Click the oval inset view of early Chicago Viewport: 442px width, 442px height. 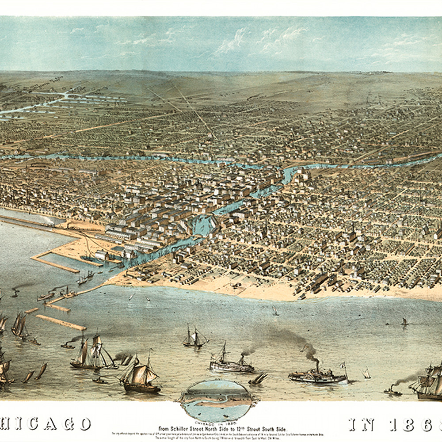(217, 400)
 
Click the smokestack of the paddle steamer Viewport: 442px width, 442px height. (316, 365)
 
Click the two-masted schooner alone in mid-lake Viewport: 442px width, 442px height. (194, 338)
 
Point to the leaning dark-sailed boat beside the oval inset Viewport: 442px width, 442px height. (258, 378)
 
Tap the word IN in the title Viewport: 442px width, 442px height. (362, 424)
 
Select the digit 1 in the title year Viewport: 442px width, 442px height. (394, 424)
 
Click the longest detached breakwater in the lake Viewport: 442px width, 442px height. (61, 322)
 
